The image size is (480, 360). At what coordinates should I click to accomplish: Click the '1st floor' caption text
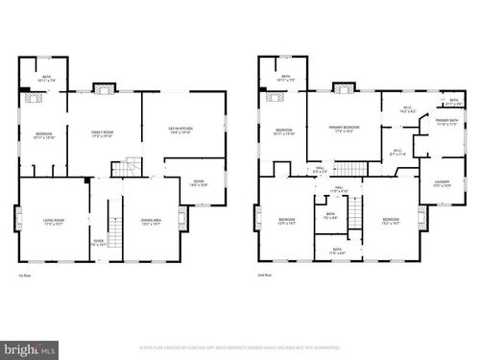[24, 275]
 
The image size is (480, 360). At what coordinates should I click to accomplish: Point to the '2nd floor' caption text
[264, 275]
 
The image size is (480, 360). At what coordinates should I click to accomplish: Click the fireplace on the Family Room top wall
[104, 89]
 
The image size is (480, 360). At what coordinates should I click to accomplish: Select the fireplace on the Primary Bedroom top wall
[344, 89]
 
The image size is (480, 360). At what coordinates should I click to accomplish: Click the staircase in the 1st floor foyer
[113, 230]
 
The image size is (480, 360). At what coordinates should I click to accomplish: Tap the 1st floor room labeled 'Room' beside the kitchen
[199, 181]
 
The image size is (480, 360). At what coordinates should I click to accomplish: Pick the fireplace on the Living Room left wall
[17, 218]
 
